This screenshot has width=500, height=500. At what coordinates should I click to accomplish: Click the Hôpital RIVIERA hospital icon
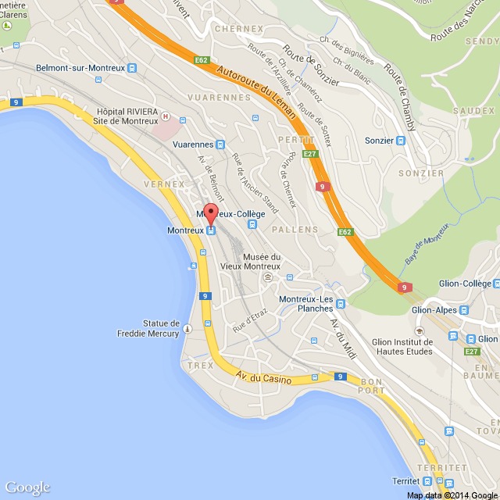(x=165, y=117)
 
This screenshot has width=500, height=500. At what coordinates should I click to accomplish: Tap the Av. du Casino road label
(x=263, y=380)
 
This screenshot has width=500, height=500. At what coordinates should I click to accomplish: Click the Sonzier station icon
(x=401, y=141)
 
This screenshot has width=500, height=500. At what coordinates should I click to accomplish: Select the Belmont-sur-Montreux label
(x=80, y=68)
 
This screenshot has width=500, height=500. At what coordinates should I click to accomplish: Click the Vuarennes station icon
(x=220, y=145)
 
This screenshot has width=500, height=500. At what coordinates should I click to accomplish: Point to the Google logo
(x=27, y=487)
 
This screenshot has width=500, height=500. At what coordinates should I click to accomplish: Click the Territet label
(x=412, y=480)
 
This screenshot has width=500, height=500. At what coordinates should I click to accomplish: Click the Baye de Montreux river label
(x=427, y=243)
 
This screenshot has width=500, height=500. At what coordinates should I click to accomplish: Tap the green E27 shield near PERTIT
(x=310, y=155)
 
